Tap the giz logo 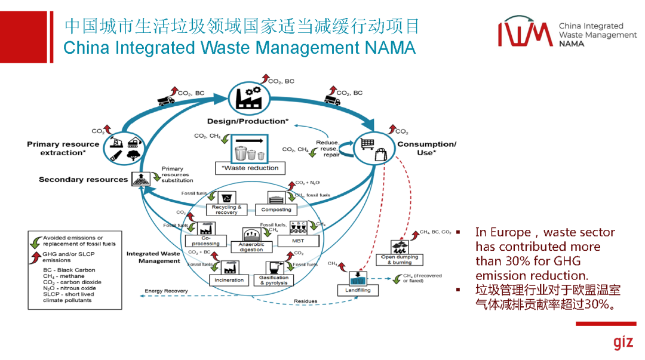[x=622, y=343]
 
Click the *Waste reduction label [x=250, y=168]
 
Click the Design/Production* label [x=247, y=121]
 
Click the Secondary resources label [x=83, y=180]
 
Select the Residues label [x=305, y=301]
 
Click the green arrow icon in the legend [x=36, y=241]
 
